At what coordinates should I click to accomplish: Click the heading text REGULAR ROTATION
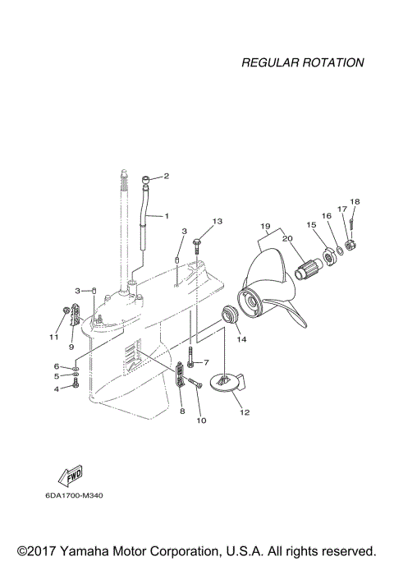tap(302, 62)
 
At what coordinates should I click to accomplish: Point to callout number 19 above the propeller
tap(265, 225)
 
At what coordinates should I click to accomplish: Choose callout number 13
tap(218, 222)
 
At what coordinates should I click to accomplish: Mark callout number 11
tap(54, 337)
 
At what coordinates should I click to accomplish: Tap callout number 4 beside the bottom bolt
tap(57, 389)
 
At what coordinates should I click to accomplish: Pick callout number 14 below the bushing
tap(241, 338)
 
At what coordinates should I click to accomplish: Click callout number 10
tap(200, 421)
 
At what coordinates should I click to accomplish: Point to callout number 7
tap(207, 362)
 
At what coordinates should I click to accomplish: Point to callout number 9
tap(71, 346)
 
